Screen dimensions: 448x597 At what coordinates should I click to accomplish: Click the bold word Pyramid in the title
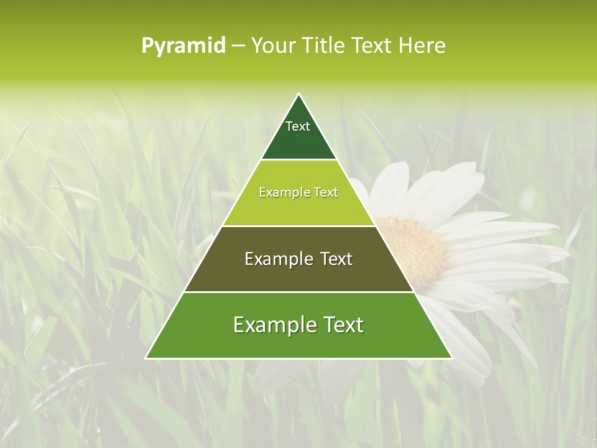(183, 46)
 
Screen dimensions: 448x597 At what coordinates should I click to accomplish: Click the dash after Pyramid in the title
(238, 46)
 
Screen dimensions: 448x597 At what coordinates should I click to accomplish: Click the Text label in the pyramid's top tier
(298, 126)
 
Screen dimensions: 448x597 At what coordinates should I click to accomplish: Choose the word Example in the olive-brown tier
(278, 259)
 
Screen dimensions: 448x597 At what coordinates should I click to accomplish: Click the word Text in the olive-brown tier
(336, 259)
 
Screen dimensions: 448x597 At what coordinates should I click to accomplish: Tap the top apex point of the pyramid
(299, 94)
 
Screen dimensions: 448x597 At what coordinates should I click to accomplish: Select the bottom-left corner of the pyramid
(146, 358)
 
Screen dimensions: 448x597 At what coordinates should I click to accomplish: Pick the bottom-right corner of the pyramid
(451, 358)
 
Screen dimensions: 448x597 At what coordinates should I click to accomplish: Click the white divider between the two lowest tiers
(299, 292)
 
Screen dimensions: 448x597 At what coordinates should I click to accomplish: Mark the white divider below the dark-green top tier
(299, 160)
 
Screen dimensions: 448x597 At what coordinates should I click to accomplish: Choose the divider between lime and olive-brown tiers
(299, 226)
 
